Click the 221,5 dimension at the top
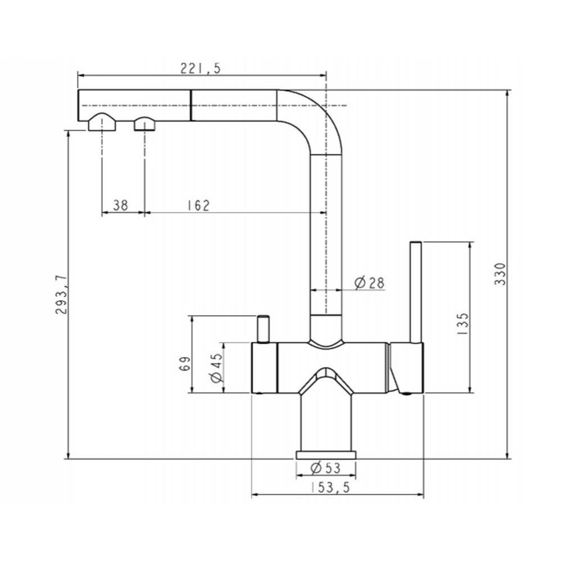click(x=201, y=68)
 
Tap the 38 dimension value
click(x=120, y=205)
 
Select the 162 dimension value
click(x=198, y=205)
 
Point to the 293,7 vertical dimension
click(x=61, y=294)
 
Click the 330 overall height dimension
click(x=500, y=274)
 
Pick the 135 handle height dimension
click(x=463, y=324)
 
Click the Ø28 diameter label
click(x=369, y=283)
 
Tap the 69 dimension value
click(x=184, y=364)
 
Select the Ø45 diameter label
click(x=217, y=368)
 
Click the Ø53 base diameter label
click(x=326, y=468)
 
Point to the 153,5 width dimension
click(x=330, y=487)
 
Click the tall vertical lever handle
click(x=415, y=292)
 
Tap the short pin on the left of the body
click(x=263, y=329)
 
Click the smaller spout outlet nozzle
click(x=145, y=124)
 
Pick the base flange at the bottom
click(x=326, y=455)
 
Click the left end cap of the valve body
click(x=265, y=368)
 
